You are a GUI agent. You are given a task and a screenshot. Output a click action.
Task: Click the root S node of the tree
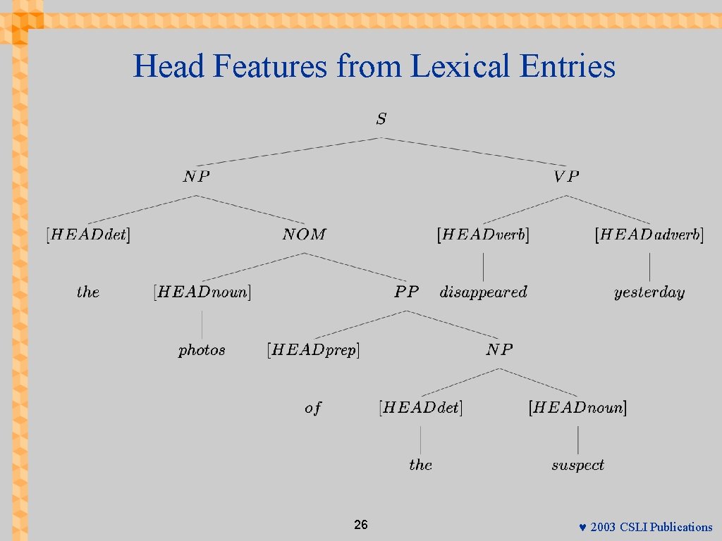tap(381, 119)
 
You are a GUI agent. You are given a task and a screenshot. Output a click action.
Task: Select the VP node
tap(566, 177)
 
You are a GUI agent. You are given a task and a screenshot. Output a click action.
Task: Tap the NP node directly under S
tap(196, 177)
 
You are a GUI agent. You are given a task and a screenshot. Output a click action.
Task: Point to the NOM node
tap(304, 235)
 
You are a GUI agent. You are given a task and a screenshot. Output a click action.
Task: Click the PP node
tap(406, 292)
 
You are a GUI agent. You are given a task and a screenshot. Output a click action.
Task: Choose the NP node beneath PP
tap(499, 349)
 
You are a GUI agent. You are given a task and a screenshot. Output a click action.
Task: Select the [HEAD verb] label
tap(483, 235)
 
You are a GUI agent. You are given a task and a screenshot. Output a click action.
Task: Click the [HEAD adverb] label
tap(649, 235)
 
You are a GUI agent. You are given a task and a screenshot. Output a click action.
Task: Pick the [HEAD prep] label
tap(313, 349)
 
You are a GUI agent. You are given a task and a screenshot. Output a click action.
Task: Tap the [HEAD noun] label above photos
tap(202, 292)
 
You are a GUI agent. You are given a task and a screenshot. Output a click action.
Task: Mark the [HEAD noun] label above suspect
tap(577, 407)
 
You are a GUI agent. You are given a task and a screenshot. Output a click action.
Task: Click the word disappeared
tap(483, 292)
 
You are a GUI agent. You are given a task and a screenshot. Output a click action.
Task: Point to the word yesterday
tap(649, 292)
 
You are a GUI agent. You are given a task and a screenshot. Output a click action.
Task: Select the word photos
tap(202, 349)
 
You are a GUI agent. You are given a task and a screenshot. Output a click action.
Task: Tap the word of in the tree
tap(313, 408)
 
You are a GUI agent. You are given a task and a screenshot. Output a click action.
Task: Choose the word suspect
tap(577, 465)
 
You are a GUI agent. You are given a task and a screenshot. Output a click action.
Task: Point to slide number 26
tap(360, 525)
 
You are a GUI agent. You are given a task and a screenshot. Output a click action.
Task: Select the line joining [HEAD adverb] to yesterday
tap(649, 266)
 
